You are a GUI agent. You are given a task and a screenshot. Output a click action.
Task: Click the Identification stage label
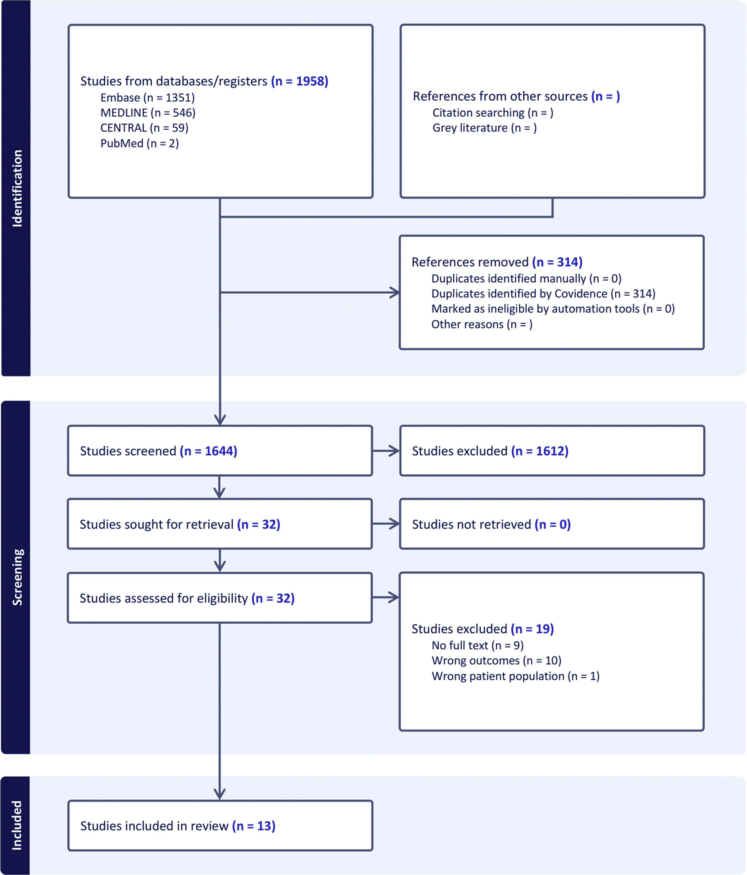point(17,188)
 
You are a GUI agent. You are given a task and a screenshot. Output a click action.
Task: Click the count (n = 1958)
point(300,81)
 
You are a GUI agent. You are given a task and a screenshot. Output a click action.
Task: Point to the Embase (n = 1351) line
point(147,97)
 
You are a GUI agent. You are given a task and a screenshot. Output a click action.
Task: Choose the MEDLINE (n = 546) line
point(148,113)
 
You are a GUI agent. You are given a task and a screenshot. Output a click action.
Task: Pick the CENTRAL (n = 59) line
point(144,128)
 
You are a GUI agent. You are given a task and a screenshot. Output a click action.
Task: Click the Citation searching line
point(493,113)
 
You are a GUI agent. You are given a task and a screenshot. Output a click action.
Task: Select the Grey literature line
point(485,128)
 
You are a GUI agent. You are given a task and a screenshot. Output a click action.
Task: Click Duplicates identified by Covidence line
point(543,293)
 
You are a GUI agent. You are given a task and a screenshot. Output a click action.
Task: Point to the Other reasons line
point(482,324)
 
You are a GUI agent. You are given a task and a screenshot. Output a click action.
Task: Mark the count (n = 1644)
point(208,451)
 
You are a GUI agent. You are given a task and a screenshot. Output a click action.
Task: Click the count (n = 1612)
point(540,451)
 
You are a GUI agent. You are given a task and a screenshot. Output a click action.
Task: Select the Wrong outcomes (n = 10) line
point(496,661)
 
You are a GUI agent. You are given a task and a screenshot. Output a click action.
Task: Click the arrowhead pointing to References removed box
point(395,292)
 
